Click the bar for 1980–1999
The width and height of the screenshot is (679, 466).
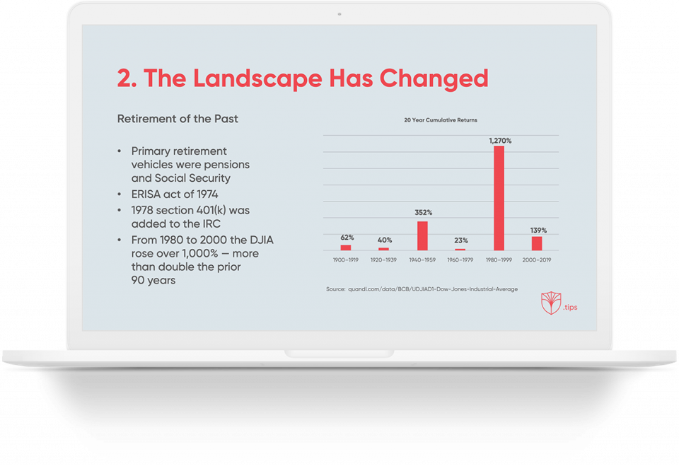coord(499,198)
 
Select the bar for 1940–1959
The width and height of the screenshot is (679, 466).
coord(423,235)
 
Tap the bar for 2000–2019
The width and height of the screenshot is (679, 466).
coord(537,243)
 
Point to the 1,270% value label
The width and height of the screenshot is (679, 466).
coord(500,141)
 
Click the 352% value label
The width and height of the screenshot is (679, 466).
coord(424,212)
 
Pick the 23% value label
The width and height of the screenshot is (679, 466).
coord(461,240)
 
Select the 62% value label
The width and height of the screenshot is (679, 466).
coord(347,238)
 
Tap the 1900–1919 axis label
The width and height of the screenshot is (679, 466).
coord(346,260)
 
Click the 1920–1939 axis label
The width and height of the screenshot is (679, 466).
coord(383,260)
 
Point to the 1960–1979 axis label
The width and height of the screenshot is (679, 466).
coord(460,260)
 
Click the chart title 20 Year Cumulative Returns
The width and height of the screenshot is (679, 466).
coord(441,120)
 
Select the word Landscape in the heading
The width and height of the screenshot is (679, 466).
coord(257,79)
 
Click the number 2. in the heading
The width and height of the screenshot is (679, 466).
coord(127,78)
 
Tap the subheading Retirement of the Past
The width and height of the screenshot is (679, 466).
coord(178,119)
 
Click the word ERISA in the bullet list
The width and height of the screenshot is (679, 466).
coord(146,194)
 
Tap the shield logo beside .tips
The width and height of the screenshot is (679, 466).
coord(551,303)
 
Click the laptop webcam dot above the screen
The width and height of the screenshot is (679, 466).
coord(339,14)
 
